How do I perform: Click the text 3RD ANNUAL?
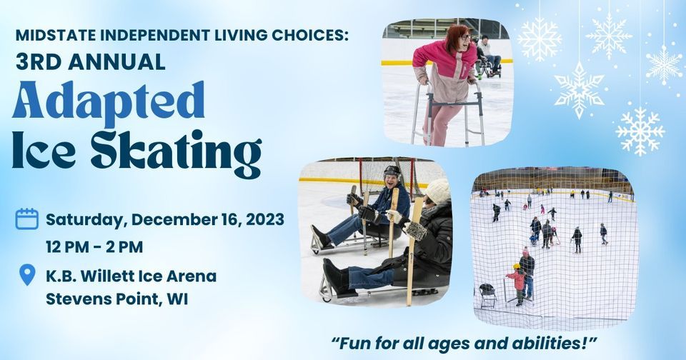90,61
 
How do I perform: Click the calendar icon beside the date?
26,219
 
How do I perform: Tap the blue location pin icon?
26,275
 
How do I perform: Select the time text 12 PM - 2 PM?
94,247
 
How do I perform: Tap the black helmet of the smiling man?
391,171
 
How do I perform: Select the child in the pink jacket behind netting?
516,279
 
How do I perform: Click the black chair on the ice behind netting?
488,293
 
